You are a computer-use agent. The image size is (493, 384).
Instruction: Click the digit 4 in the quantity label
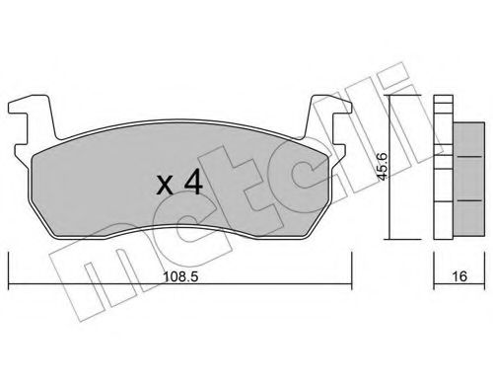[192, 183]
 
